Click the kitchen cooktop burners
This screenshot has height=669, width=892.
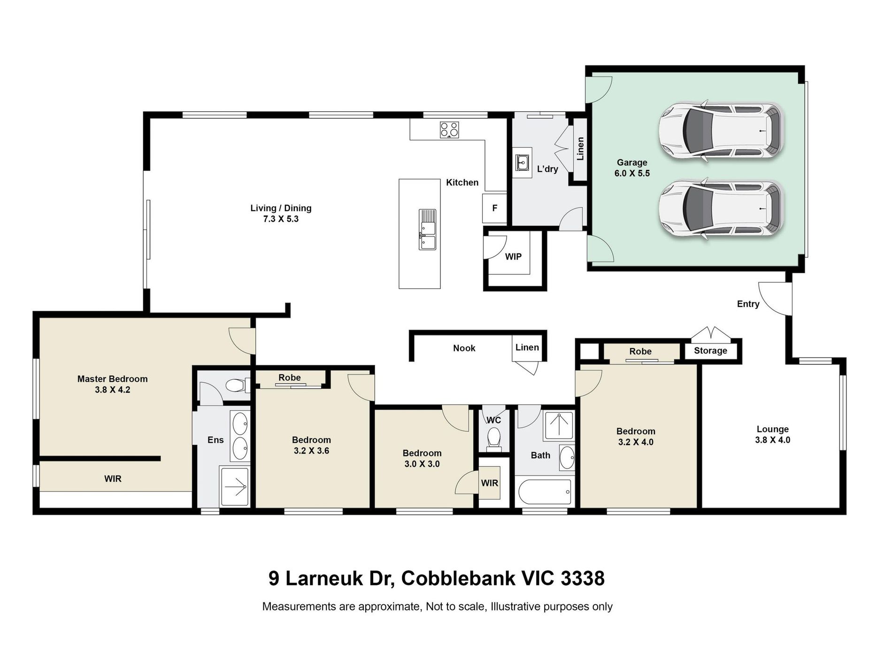[449, 130]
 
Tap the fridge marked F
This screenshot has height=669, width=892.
[495, 208]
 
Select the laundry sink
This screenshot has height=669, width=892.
[522, 163]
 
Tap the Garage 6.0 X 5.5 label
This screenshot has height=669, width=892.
[632, 168]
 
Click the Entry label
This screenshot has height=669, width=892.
[748, 304]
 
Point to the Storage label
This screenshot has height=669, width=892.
[710, 351]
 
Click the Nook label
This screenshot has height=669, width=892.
[464, 348]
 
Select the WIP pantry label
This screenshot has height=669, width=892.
[513, 257]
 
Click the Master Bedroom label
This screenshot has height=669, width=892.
[112, 379]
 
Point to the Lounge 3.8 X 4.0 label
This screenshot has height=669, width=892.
[772, 435]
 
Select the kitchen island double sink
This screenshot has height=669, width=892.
[427, 230]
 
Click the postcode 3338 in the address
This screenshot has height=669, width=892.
[583, 578]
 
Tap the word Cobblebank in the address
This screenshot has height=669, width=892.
[458, 578]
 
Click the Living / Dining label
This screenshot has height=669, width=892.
[281, 208]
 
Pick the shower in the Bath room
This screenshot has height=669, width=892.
[558, 426]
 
